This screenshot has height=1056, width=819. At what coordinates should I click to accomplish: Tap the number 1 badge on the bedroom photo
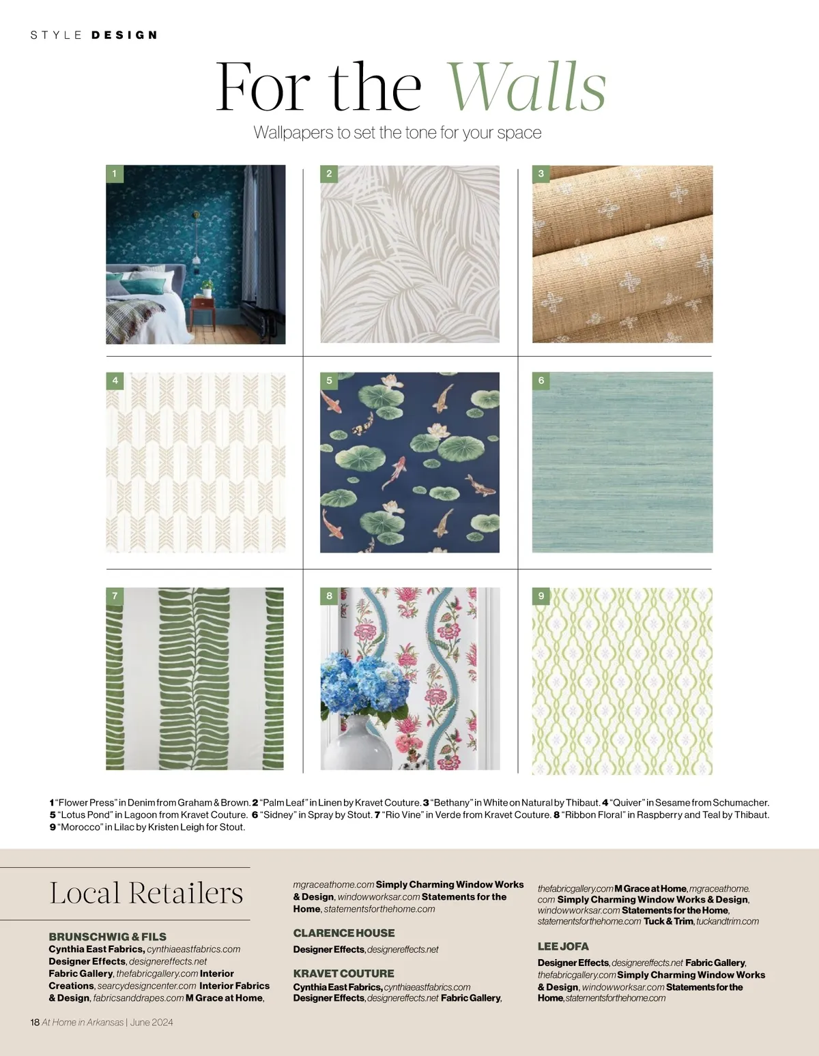[114, 173]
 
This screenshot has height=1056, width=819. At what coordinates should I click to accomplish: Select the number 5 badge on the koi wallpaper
[329, 381]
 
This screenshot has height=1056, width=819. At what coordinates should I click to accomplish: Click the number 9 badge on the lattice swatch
[541, 596]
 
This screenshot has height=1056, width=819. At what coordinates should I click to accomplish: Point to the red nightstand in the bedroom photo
[203, 310]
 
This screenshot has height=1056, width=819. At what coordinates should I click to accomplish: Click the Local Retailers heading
[146, 893]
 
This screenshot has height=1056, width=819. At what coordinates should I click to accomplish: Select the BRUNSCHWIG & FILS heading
[107, 937]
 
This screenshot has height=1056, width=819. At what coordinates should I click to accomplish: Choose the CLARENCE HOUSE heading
[343, 933]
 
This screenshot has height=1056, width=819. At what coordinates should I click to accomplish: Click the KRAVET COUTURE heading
[343, 973]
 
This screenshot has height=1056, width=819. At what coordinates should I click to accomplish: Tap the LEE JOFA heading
[562, 946]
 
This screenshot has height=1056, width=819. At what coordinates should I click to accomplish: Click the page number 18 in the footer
[35, 1022]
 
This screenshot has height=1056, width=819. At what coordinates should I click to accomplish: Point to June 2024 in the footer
[152, 1022]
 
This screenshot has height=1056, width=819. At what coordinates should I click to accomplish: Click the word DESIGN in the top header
[124, 35]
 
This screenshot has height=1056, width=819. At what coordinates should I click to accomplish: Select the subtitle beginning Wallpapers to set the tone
[397, 132]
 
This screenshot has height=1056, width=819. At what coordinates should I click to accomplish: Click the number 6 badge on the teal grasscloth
[541, 381]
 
